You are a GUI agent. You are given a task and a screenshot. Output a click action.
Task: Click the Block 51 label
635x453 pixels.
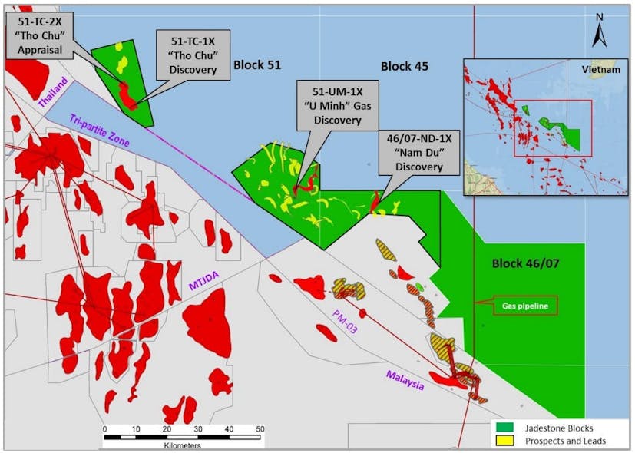pyautogui.click(x=257, y=66)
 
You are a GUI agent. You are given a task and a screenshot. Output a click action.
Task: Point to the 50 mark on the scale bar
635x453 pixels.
pyautogui.click(x=260, y=428)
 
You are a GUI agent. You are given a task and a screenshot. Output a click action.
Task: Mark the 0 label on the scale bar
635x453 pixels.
pyautogui.click(x=104, y=428)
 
